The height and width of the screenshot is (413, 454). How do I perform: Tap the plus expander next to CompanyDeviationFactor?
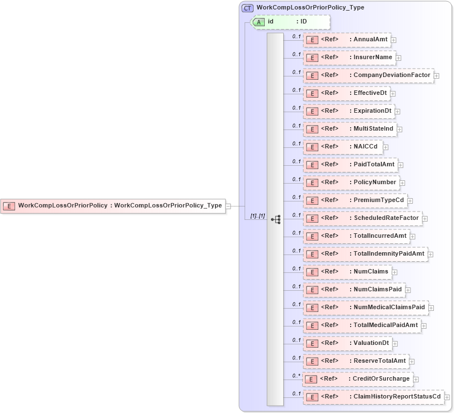pos(437,75)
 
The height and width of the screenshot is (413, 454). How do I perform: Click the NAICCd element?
pos(342,146)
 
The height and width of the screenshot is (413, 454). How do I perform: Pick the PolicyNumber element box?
pos(351,182)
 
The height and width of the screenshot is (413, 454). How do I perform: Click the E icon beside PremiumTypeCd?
pos(313,200)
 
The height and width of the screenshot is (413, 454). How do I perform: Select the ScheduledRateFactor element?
pos(362,218)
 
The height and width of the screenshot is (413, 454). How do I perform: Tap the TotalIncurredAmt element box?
pos(356,236)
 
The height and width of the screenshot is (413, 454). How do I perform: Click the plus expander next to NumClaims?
pos(395,272)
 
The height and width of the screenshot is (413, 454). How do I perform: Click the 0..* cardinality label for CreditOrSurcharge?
pos(297,376)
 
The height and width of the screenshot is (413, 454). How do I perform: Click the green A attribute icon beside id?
pos(259,22)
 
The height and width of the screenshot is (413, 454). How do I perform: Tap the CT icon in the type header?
pos(247,8)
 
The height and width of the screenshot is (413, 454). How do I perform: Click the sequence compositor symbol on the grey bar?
pos(275,219)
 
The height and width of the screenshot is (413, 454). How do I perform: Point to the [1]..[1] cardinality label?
pos(257,216)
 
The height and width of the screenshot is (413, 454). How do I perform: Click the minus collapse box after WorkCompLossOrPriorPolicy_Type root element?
pos(228,206)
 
